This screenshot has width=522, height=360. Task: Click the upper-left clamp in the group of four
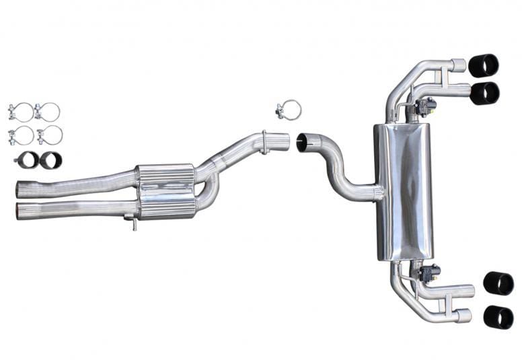20,112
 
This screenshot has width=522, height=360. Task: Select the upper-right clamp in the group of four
48,112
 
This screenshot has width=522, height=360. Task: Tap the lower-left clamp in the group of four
20,135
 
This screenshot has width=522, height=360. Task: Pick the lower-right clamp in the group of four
49,135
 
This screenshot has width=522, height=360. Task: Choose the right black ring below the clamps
50,160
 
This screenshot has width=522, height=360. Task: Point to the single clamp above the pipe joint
289,110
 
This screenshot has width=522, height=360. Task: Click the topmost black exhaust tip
484,65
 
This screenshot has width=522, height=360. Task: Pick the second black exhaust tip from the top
484,93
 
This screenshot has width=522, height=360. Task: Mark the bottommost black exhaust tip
498,316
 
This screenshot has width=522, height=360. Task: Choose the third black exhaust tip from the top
498,283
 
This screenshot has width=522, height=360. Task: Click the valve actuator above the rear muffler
425,106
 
